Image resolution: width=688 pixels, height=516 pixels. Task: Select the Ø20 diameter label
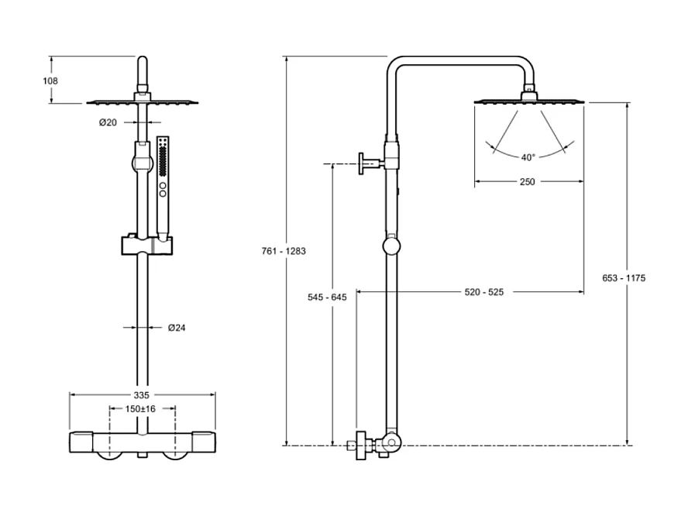click(108, 122)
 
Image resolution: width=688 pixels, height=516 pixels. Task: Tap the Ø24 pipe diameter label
click(177, 328)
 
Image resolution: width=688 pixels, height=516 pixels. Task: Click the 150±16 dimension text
click(140, 408)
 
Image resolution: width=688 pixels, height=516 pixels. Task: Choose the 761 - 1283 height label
click(285, 251)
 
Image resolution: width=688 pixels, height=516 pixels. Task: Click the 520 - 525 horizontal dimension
click(484, 292)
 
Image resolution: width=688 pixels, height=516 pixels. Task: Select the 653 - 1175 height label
click(627, 277)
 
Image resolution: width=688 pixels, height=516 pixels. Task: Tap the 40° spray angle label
click(528, 157)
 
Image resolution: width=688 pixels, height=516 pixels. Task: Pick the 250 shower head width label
click(528, 182)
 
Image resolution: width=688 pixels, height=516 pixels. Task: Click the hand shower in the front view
click(163, 186)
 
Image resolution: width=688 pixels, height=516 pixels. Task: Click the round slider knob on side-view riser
click(392, 247)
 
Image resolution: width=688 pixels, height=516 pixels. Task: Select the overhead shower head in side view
click(529, 99)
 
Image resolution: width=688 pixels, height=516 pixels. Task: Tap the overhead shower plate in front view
click(141, 101)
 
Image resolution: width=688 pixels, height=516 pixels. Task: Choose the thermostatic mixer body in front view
click(141, 443)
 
